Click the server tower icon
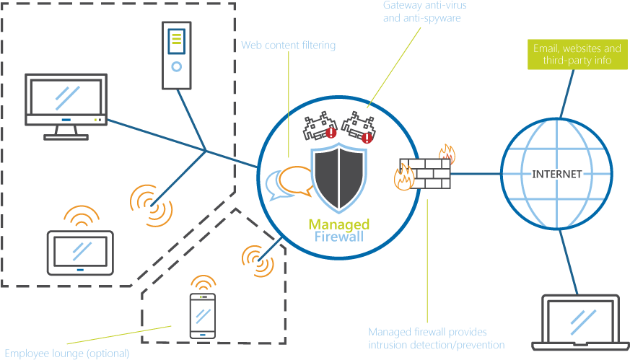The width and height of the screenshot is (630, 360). [177, 55]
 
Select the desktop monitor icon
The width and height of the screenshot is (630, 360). [66, 105]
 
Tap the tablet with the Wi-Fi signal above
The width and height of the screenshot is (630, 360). [80, 253]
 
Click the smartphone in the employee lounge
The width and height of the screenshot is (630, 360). [203, 315]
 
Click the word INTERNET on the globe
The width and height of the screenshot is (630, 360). [556, 175]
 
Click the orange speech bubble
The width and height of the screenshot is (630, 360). [296, 180]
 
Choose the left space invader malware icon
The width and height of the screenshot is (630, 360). [318, 127]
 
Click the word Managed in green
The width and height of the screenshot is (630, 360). [338, 224]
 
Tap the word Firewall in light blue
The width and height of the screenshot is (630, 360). [339, 236]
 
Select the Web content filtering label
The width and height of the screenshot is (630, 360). [288, 46]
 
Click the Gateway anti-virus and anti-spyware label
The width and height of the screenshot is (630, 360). [422, 12]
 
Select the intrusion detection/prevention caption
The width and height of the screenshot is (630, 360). [436, 338]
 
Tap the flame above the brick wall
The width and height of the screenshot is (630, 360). [447, 153]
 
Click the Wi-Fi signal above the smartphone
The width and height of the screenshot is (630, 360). [203, 282]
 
